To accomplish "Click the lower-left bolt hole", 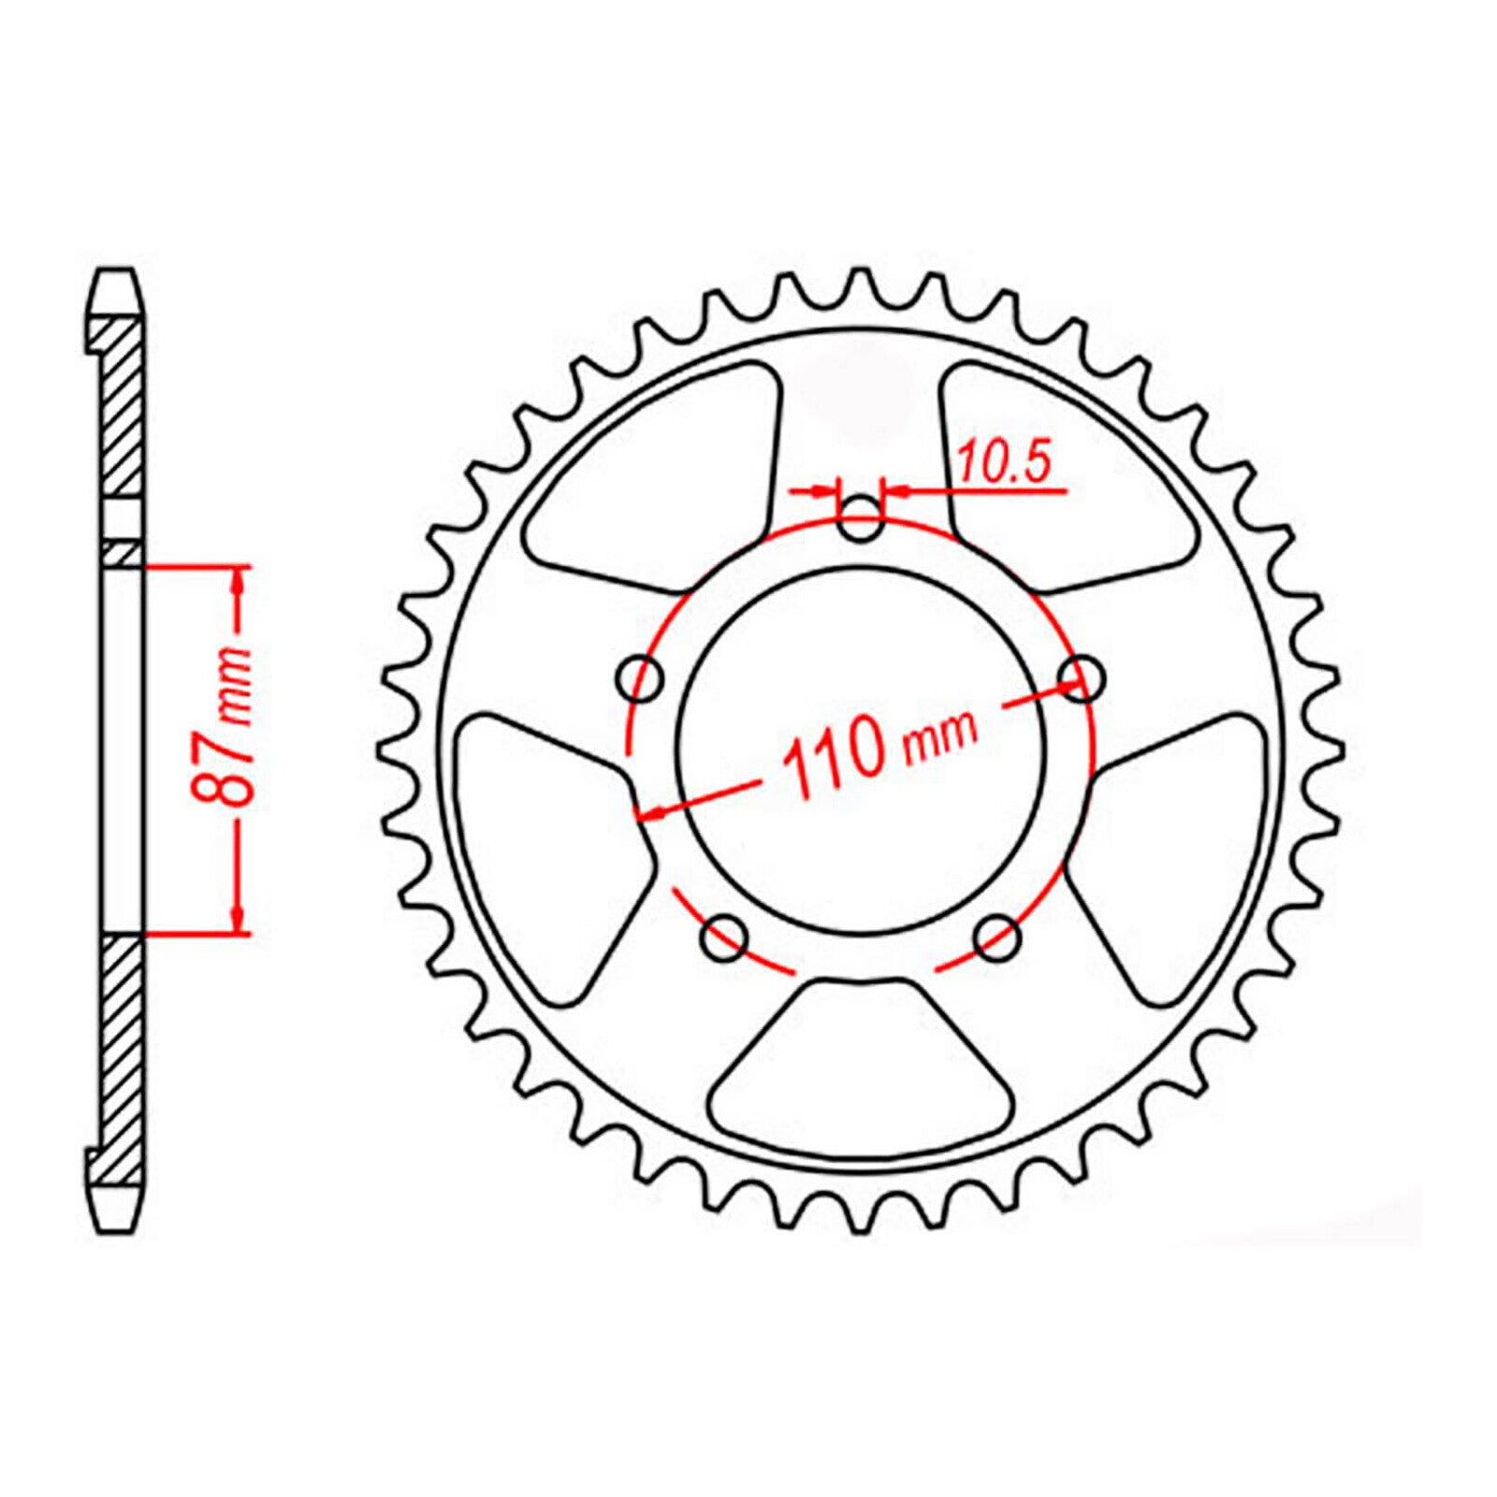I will [724, 938].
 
